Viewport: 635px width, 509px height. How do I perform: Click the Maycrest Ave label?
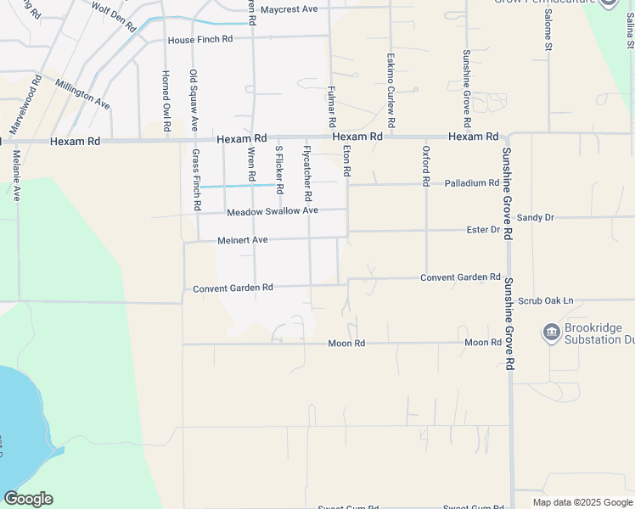pyautogui.click(x=289, y=9)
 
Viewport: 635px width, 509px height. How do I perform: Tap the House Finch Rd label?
pyautogui.click(x=199, y=40)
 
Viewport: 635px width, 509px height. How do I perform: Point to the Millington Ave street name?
pyautogui.click(x=82, y=93)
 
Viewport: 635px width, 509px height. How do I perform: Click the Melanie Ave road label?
pyautogui.click(x=16, y=176)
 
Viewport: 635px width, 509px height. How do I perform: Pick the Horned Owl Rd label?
pyautogui.click(x=166, y=100)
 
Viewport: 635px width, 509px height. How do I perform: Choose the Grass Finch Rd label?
pyautogui.click(x=196, y=180)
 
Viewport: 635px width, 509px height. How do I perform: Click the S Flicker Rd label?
pyautogui.click(x=279, y=169)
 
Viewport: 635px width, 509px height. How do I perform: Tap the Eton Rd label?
pyautogui.click(x=346, y=159)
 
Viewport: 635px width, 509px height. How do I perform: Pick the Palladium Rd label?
pyautogui.click(x=471, y=183)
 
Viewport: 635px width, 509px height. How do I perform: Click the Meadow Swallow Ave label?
pyautogui.click(x=273, y=211)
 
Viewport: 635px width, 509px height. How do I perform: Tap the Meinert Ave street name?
pyautogui.click(x=243, y=241)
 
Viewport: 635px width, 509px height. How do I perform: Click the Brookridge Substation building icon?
pyautogui.click(x=552, y=330)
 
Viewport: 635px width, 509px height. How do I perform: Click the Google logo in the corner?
pyautogui.click(x=28, y=499)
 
